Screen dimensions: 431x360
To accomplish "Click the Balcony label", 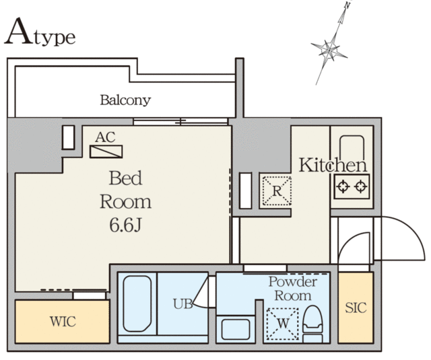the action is [125, 100].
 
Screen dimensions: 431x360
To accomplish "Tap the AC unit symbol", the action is [106, 151].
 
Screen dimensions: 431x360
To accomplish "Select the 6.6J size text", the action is [125, 225].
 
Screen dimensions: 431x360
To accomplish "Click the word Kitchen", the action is [333, 165].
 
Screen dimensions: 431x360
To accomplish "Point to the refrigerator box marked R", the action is [277, 191].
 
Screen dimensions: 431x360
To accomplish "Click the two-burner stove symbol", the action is [352, 186].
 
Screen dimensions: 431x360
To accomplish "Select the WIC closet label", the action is [63, 322].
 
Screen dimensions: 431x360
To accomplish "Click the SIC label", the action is [356, 308].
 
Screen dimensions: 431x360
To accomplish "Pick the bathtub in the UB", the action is [137, 303].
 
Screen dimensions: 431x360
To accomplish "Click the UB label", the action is [183, 304].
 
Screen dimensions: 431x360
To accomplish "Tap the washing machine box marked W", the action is [283, 324].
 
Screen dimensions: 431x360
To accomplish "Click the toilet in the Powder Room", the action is [312, 324].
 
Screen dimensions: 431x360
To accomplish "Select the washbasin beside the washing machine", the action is [236, 330].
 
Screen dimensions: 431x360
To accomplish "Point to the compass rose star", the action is [329, 50].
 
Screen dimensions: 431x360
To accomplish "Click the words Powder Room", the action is [293, 289].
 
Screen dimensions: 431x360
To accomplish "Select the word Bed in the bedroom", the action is [125, 178].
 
